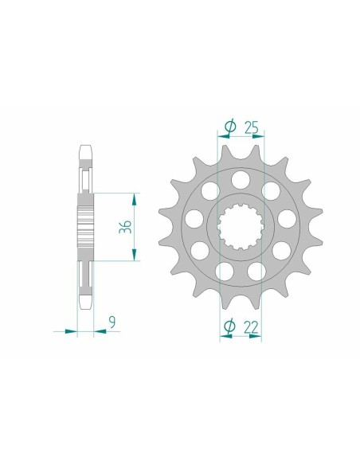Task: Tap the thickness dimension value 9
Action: coord(112,322)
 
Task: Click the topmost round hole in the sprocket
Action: coord(241,177)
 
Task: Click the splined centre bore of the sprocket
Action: coord(240,225)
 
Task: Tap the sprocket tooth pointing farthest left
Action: coord(164,213)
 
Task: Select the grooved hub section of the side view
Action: coord(85,226)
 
